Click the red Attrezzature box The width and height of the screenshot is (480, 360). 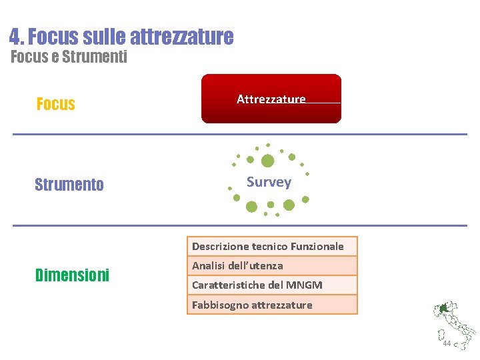tap(271, 99)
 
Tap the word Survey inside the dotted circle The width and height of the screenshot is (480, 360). tap(269, 182)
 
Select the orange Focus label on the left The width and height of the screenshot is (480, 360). tap(55, 104)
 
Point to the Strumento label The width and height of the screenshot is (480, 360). tap(69, 185)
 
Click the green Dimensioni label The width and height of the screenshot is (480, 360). tap(72, 275)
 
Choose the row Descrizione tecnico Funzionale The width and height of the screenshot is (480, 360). tap(271, 246)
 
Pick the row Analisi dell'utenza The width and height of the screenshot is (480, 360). tap(271, 265)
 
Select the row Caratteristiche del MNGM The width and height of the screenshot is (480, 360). tap(271, 285)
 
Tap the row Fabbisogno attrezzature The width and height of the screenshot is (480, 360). tap(271, 305)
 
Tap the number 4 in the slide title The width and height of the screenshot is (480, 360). tap(15, 36)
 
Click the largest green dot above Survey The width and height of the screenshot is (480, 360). tap(267, 161)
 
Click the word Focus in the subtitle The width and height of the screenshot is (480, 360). tap(29, 57)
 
